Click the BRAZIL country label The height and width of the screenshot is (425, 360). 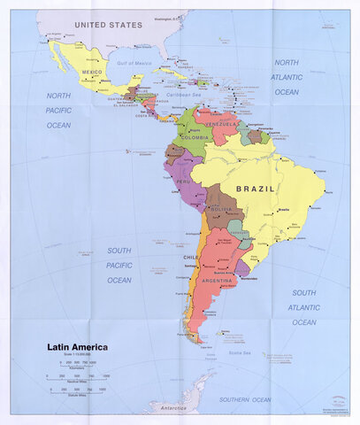pos(256,189)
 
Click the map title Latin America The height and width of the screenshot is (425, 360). pos(78,347)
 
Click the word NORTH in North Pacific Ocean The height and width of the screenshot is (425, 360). pos(57,95)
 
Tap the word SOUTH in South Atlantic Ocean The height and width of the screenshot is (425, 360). pos(304,292)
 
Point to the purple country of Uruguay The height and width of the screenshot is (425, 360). pos(241,267)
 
